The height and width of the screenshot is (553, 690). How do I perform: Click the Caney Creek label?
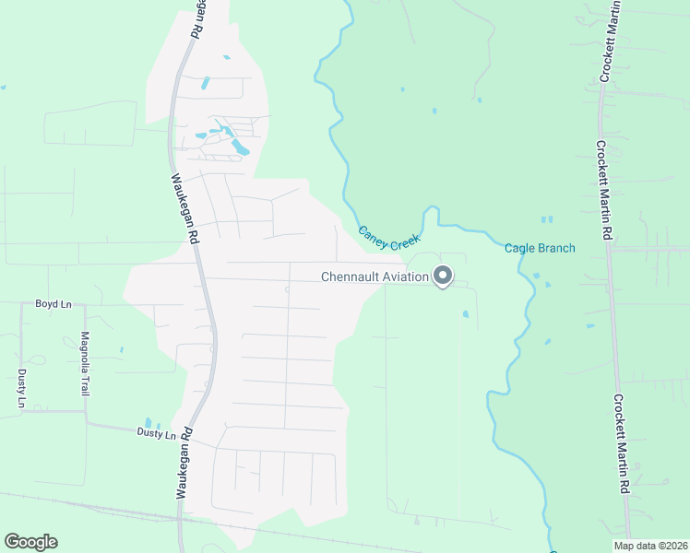(388, 239)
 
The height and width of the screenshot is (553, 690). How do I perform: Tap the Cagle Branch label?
(540, 248)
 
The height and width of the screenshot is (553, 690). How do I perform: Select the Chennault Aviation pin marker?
(443, 276)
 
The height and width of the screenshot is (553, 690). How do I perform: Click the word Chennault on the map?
(350, 276)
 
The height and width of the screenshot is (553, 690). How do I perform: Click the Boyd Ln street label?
(53, 303)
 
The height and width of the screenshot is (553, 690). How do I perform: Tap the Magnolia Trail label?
(85, 364)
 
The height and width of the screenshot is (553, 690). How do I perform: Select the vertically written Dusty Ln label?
(21, 388)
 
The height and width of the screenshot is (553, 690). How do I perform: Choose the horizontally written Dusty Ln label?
(156, 433)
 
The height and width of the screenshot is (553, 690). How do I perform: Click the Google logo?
(30, 542)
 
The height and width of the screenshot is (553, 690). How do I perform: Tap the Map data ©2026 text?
(650, 546)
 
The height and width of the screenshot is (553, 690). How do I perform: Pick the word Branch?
(556, 248)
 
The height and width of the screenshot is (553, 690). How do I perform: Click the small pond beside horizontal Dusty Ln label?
(148, 422)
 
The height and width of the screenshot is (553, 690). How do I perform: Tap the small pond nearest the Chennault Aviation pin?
(465, 314)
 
